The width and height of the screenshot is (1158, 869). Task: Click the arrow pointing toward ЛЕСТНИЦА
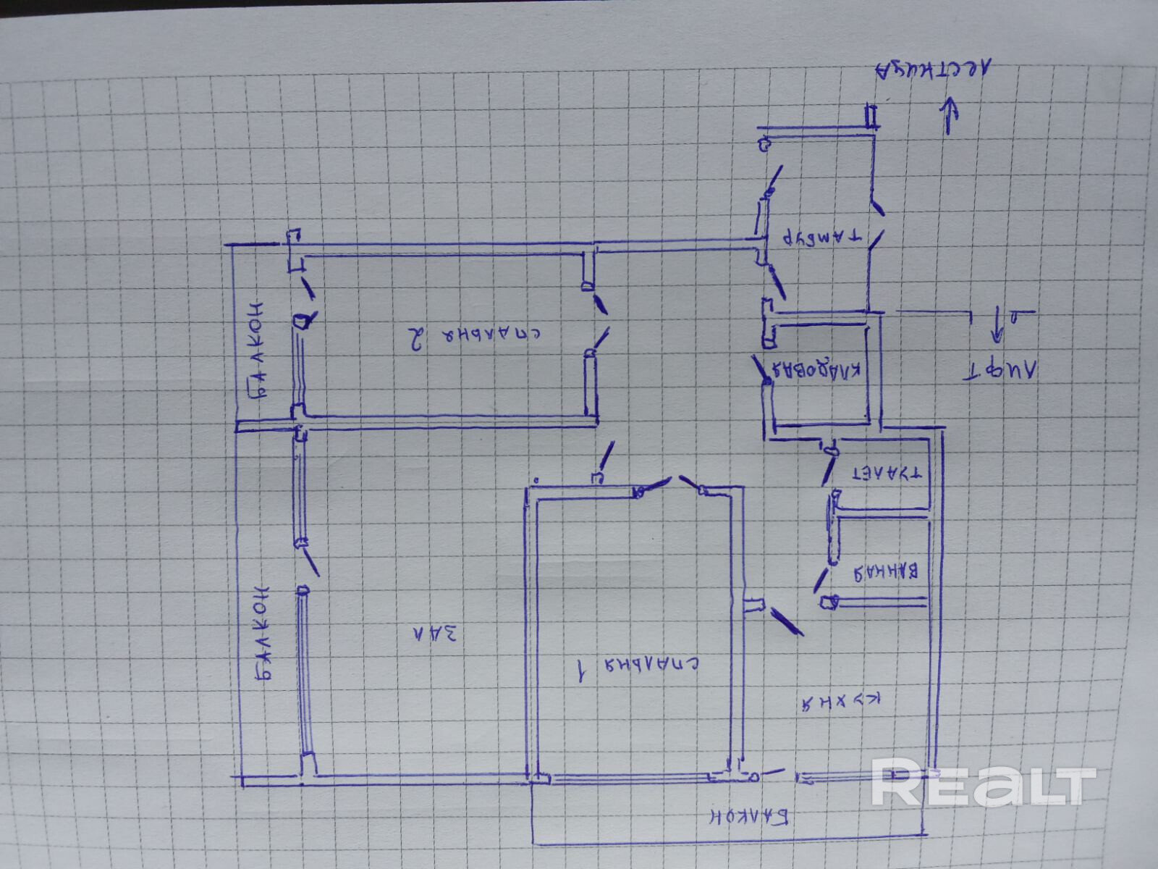coord(949,116)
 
